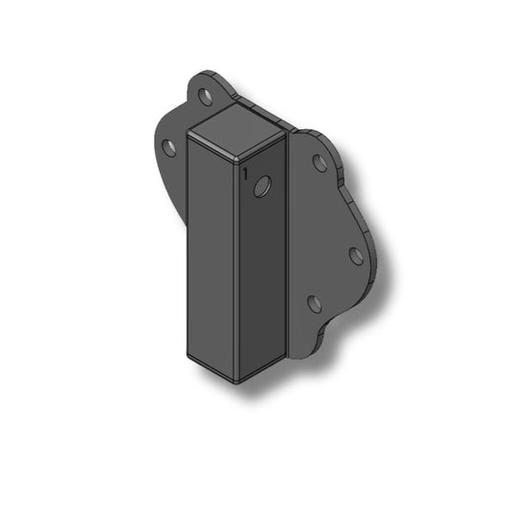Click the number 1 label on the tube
tap(246, 174)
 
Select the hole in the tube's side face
tap(261, 188)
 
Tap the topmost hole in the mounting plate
tap(205, 97)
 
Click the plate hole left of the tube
tap(169, 148)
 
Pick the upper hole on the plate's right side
tap(320, 163)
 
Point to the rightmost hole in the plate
tap(355, 255)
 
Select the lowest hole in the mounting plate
tap(316, 304)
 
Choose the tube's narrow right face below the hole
tap(261, 287)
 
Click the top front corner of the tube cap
tap(235, 155)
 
